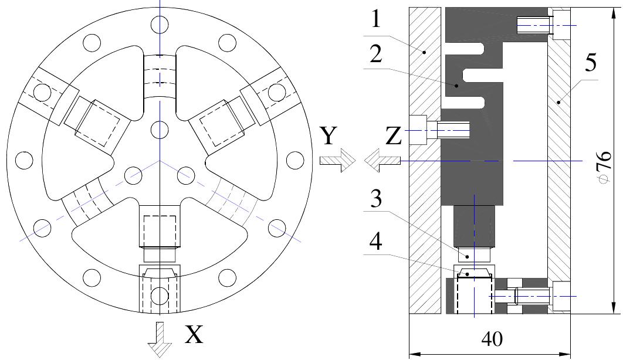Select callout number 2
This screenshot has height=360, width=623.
pos(375,56)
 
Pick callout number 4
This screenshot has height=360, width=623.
pos(375,242)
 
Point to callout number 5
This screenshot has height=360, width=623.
pos(588,62)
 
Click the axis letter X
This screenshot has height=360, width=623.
pos(195,335)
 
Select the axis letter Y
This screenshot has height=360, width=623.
pos(330,137)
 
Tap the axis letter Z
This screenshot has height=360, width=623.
pos(394,137)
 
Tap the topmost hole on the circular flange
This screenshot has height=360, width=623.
pos(159,24)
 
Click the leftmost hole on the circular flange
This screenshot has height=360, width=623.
pos(23,159)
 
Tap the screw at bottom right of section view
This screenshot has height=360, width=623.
pos(531,297)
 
